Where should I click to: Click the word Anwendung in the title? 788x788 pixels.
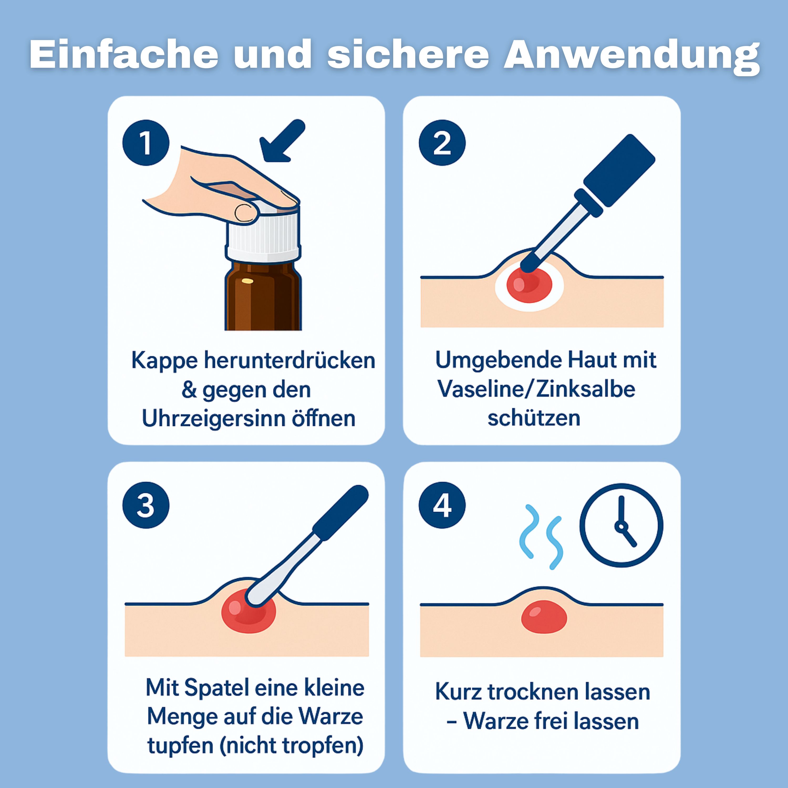coord(631,55)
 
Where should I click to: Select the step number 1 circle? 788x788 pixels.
coord(146,143)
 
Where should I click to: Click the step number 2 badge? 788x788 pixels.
coord(442,143)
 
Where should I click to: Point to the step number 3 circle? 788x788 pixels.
coord(146,506)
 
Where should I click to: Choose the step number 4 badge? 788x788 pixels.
coord(442,506)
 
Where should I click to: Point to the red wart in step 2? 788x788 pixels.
coord(529,286)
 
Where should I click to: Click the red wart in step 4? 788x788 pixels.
coord(544,617)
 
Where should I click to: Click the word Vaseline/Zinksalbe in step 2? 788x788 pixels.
coord(536,390)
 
